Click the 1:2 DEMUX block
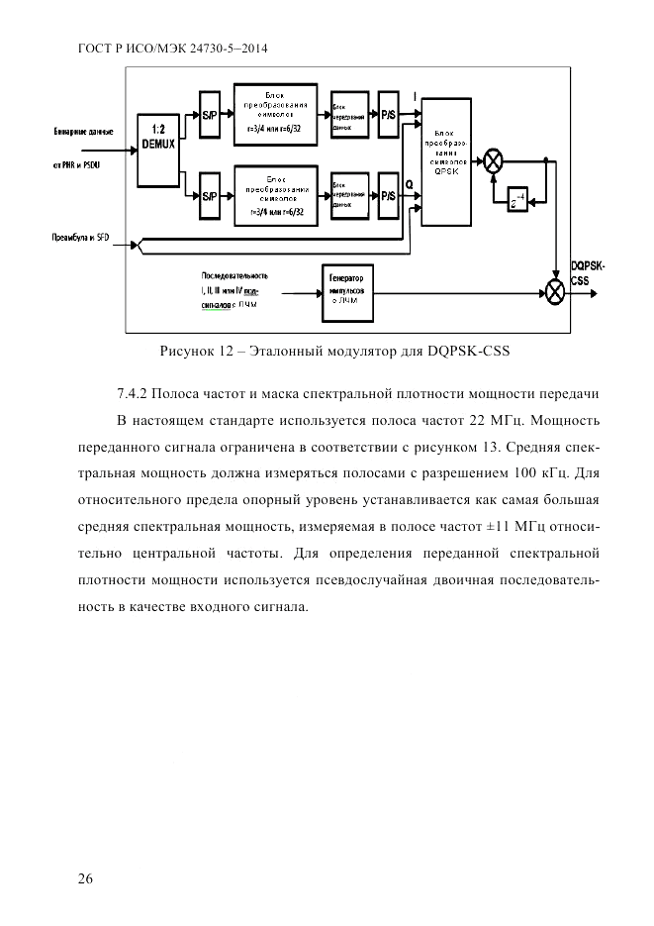(156, 150)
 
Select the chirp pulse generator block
(346, 291)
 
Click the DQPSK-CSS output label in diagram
(587, 271)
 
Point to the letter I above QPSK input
(415, 95)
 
